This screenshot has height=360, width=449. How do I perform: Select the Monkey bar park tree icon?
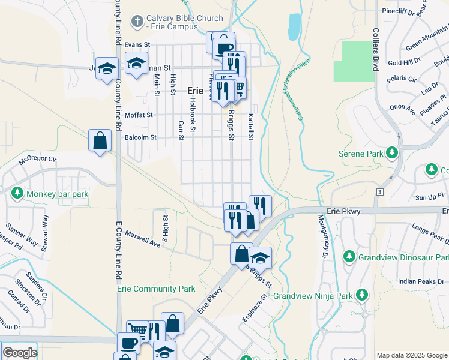point(17,193)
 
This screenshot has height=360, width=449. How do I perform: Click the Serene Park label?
point(358,154)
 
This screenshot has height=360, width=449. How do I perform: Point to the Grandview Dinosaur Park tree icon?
point(349,257)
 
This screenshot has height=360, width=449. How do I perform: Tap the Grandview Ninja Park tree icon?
point(361,295)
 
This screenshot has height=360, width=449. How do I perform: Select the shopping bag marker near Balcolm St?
point(100,142)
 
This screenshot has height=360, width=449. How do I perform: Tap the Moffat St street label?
point(139,115)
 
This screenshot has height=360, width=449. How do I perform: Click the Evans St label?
point(136,44)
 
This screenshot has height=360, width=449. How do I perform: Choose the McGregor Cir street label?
point(37,160)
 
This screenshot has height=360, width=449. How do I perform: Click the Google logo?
point(20,353)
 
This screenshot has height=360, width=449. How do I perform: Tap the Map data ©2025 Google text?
point(412,355)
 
